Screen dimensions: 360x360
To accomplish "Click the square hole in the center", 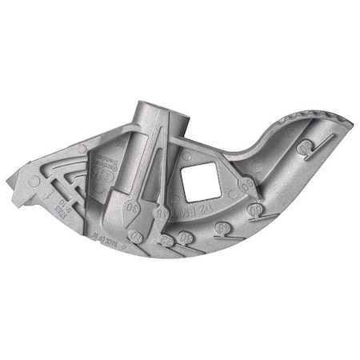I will pos(198,181).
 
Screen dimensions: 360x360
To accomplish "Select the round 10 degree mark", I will pos(135,237).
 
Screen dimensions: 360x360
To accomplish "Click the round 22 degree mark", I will pos(165,239).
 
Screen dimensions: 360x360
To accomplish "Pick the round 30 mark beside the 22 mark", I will pos(185,238).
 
